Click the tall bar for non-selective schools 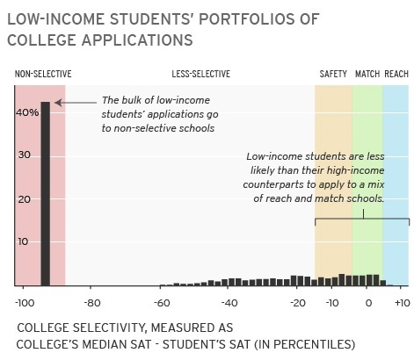45,194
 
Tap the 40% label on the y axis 27,112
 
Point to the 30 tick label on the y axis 25,155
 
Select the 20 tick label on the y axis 25,199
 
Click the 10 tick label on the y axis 23,241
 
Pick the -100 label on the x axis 25,303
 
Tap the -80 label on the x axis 92,303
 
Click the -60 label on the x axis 162,303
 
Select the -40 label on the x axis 229,303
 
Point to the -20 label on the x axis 298,303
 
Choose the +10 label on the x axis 403,303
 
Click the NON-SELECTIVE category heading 43,74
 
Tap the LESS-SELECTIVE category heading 201,74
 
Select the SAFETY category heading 333,74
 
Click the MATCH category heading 367,74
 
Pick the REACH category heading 396,74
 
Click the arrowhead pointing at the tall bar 58,103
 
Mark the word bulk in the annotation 133,100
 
